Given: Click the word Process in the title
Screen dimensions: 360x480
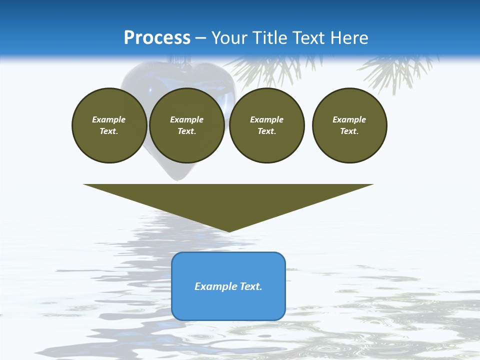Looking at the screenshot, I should [157, 37].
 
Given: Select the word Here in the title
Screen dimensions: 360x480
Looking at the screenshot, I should [349, 38].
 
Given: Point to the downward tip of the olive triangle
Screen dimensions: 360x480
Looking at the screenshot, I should [228, 230].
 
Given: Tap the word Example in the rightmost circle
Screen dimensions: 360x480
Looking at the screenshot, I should [349, 119].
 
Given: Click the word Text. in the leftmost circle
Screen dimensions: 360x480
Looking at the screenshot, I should [109, 131].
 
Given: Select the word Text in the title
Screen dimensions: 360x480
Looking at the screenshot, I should [308, 38].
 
